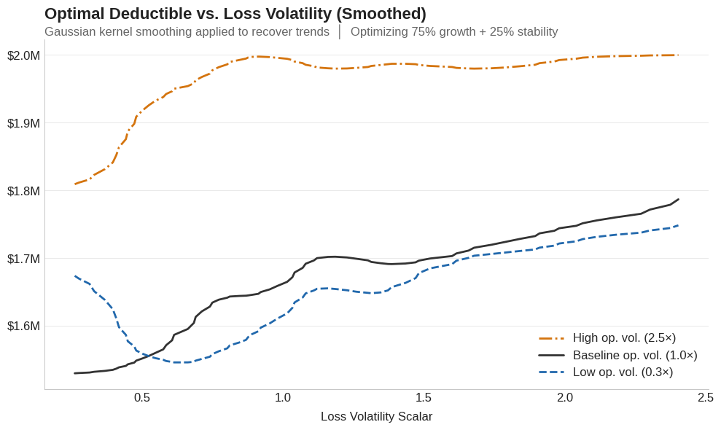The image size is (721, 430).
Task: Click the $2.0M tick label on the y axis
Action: (23, 55)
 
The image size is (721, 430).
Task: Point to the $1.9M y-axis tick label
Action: (23, 123)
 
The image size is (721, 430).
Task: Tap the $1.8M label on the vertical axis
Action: (23, 191)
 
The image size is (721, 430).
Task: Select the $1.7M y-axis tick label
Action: (23, 259)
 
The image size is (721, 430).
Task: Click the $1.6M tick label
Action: (23, 326)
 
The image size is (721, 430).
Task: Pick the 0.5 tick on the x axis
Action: (142, 397)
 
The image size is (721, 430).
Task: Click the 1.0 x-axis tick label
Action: (283, 397)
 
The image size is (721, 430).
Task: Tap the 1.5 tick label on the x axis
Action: (424, 397)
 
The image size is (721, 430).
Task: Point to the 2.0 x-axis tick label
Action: (565, 397)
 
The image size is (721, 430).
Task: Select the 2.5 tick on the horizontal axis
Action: (705, 397)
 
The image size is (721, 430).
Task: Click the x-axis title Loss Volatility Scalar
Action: (376, 416)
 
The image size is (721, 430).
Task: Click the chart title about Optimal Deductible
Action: (235, 14)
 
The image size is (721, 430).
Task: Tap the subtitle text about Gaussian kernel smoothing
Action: (187, 32)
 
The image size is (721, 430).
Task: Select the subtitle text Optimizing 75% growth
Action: (453, 32)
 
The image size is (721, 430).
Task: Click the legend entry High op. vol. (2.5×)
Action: (624, 338)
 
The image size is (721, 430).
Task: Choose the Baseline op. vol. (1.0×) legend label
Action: (634, 355)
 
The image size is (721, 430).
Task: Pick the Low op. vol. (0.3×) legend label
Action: (623, 372)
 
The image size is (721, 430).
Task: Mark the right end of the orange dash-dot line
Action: (678, 55)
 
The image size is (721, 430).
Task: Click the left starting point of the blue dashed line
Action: (75, 276)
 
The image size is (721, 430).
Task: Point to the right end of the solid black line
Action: (679, 199)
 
